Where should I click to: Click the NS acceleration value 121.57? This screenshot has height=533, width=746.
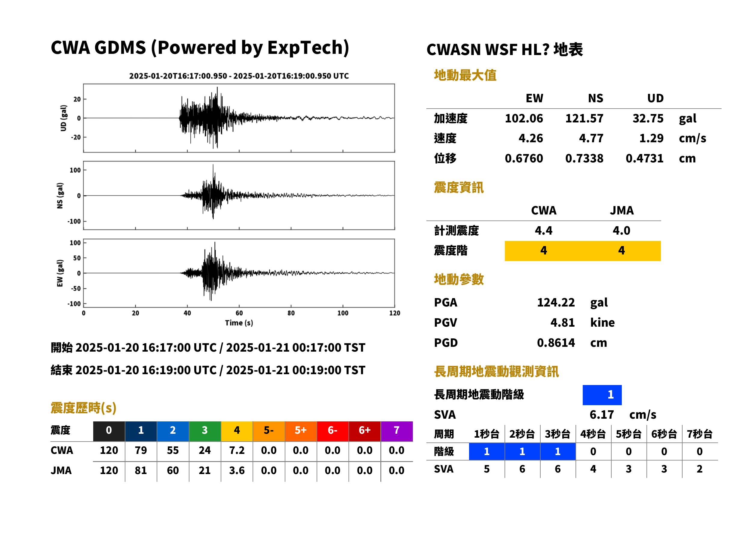584,119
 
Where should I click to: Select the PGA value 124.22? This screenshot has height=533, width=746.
556,302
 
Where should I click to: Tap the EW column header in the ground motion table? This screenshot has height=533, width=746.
534,98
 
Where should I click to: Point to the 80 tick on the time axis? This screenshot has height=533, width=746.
291,313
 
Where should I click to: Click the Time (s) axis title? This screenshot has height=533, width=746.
239,323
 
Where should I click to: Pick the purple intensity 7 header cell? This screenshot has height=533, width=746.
396,430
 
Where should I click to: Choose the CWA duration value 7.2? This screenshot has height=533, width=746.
237,450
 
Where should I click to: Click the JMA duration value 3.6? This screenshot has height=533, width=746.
237,470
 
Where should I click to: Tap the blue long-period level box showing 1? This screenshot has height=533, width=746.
602,395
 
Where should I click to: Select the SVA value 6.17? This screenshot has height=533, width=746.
601,414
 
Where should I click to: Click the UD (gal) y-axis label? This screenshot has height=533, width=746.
63,118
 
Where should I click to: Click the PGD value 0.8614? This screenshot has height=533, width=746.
556,343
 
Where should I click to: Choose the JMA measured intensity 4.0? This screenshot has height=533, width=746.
621,230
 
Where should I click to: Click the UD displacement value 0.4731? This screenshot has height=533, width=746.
644,159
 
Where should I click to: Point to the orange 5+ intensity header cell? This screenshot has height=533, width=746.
300,430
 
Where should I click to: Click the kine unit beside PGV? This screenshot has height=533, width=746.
602,323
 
